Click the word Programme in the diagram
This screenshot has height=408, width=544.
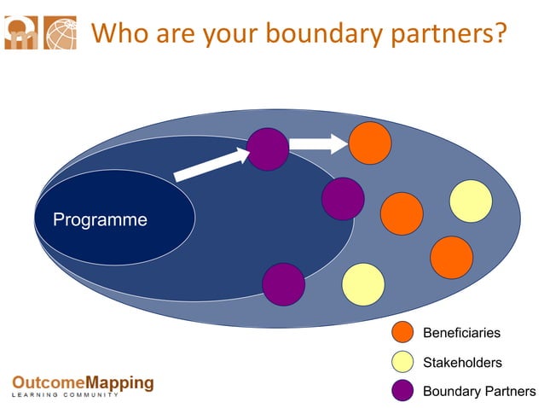[x=100, y=220]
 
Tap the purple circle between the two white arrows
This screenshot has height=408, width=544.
[x=268, y=149]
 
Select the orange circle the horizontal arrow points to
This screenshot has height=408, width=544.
[x=370, y=143]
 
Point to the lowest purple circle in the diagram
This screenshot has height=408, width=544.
[x=283, y=284]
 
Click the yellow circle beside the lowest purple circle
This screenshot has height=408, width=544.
[x=363, y=284]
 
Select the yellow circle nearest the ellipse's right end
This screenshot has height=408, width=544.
[x=471, y=201]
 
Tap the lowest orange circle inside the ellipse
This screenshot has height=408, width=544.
[x=451, y=257]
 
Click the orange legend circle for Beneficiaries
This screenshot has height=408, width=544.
[x=402, y=333]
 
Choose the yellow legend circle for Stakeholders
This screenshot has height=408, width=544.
[x=402, y=362]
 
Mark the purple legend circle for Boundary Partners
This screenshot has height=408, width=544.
[x=402, y=391]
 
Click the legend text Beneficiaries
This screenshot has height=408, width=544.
[x=461, y=333]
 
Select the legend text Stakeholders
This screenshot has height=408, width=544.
[x=462, y=363]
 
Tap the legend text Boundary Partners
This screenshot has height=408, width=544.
[x=479, y=392]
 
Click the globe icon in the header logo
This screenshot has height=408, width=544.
[x=60, y=32]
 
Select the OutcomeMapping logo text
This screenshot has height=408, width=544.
[x=83, y=382]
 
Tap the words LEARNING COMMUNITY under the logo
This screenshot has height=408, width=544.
[x=65, y=395]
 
